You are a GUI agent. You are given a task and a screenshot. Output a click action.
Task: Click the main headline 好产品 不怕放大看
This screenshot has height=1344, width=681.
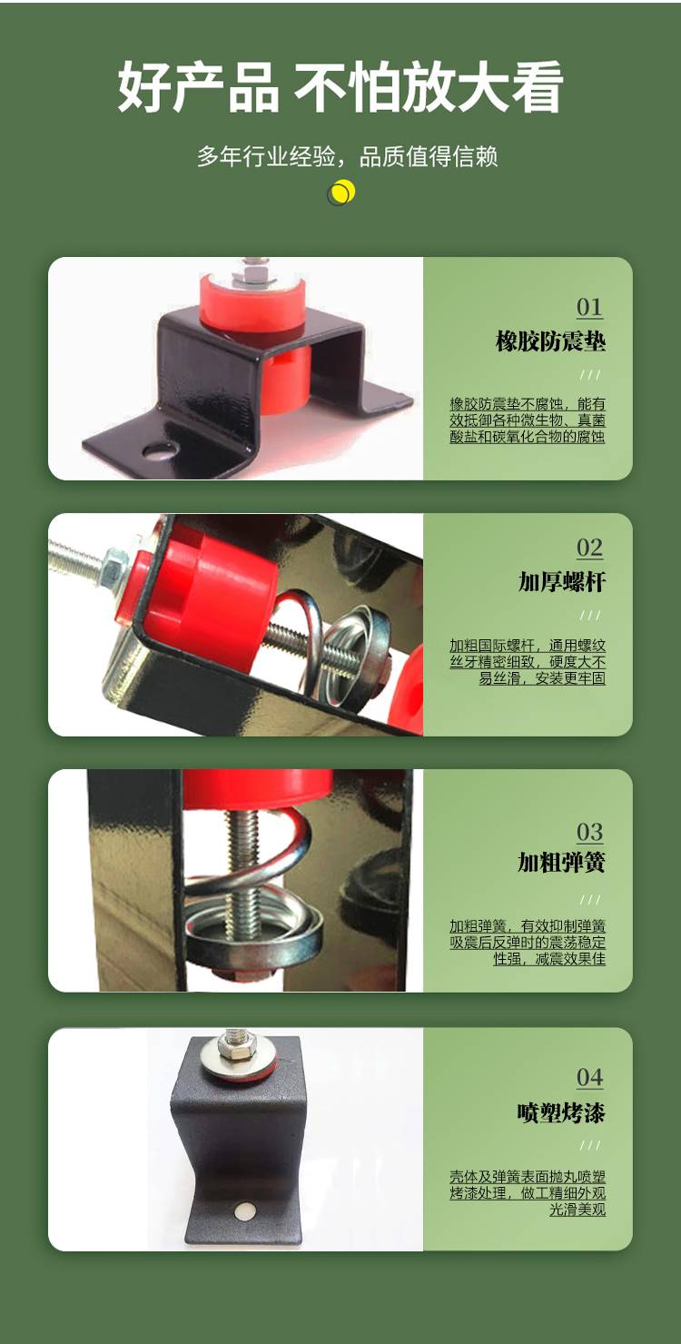(340, 87)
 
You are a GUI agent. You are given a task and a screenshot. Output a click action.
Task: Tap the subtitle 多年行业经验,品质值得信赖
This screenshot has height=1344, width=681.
(348, 156)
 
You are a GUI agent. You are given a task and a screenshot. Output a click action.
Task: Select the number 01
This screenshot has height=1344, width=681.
(589, 307)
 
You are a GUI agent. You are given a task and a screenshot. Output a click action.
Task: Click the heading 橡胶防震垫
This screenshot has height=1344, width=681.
(550, 341)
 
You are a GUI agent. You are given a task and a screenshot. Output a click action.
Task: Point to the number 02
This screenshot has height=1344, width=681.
(589, 548)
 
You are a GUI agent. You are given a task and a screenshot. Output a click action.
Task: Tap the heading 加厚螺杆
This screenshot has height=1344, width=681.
(562, 581)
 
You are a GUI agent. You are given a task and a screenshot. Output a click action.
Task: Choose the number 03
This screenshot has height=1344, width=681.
(589, 832)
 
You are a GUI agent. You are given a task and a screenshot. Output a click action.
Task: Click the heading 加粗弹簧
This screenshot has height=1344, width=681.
(562, 862)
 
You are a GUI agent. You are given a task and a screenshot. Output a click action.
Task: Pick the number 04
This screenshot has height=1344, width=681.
(589, 1078)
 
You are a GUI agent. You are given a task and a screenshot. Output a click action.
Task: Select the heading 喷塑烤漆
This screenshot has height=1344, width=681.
(562, 1112)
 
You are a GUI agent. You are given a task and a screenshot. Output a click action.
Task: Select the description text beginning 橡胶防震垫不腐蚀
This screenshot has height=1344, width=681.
(528, 420)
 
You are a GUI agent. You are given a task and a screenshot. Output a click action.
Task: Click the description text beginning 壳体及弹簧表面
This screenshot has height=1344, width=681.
(528, 1193)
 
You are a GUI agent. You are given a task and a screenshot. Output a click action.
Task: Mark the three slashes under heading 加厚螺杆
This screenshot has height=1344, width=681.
(590, 615)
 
